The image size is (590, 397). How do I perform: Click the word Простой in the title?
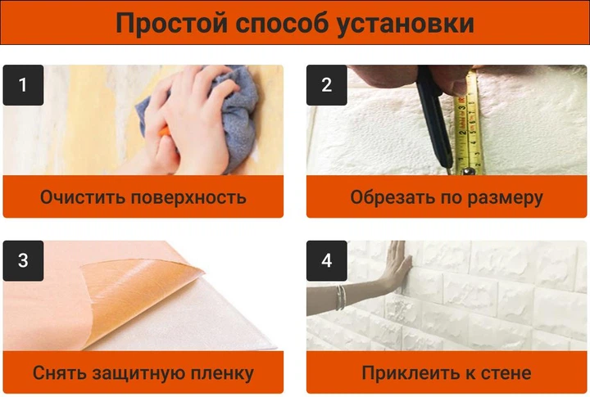point(171,23)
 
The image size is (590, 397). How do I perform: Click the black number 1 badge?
point(23,85)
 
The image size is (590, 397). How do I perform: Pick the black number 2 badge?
point(327,85)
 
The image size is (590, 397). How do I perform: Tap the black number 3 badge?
point(23,260)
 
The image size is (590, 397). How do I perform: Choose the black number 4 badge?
point(327,260)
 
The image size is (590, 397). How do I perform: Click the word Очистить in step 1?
point(83,197)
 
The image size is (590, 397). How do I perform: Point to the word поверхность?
point(189,198)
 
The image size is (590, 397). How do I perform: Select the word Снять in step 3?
point(60,373)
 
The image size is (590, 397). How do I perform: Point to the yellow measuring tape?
point(467,124)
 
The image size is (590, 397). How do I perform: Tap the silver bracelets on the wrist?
point(341,297)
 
